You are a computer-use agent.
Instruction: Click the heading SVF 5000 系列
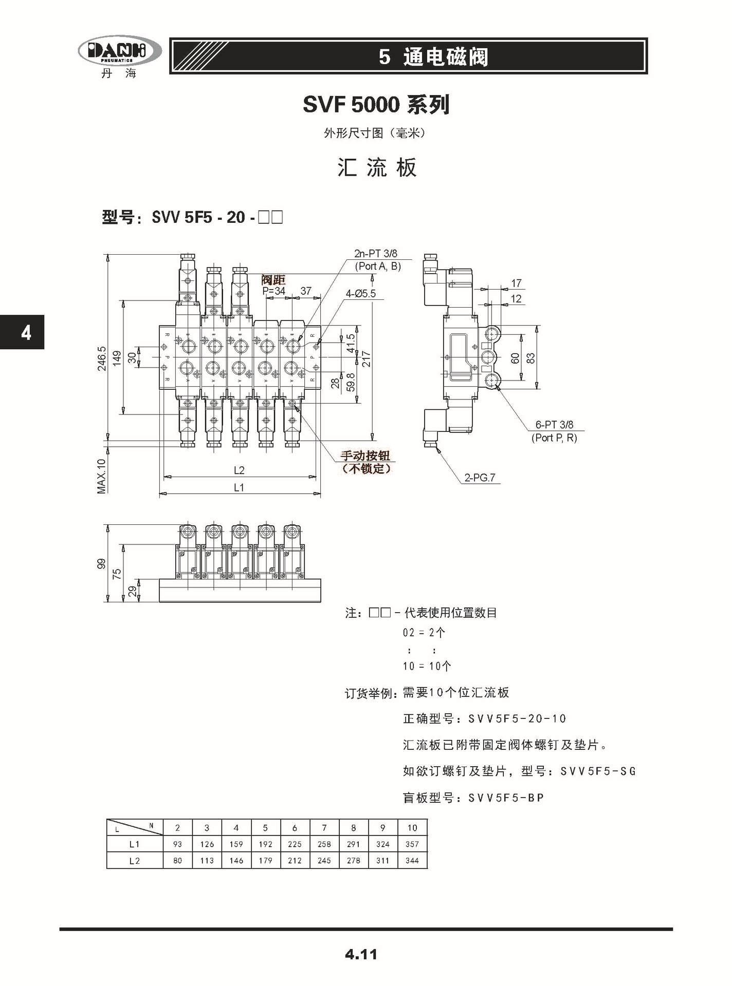click(376, 105)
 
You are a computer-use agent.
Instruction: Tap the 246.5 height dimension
click(102, 358)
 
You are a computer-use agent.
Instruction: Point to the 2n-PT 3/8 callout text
click(375, 254)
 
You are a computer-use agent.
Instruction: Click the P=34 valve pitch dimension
click(273, 291)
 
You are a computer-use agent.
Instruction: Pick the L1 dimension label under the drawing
click(239, 487)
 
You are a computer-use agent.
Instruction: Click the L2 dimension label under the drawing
click(239, 470)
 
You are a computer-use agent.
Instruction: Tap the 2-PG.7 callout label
click(480, 478)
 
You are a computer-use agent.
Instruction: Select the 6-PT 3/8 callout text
click(554, 425)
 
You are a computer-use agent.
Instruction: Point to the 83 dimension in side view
click(531, 358)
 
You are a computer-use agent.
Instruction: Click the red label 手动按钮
click(365, 456)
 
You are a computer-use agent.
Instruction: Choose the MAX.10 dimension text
click(102, 476)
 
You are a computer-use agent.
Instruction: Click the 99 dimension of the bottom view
click(102, 563)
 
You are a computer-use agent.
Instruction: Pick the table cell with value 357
click(412, 844)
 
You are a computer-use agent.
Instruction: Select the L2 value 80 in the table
click(178, 860)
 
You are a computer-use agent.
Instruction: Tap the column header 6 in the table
click(295, 827)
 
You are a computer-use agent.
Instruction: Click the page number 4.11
click(361, 955)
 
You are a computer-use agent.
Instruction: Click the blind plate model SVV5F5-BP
click(506, 798)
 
